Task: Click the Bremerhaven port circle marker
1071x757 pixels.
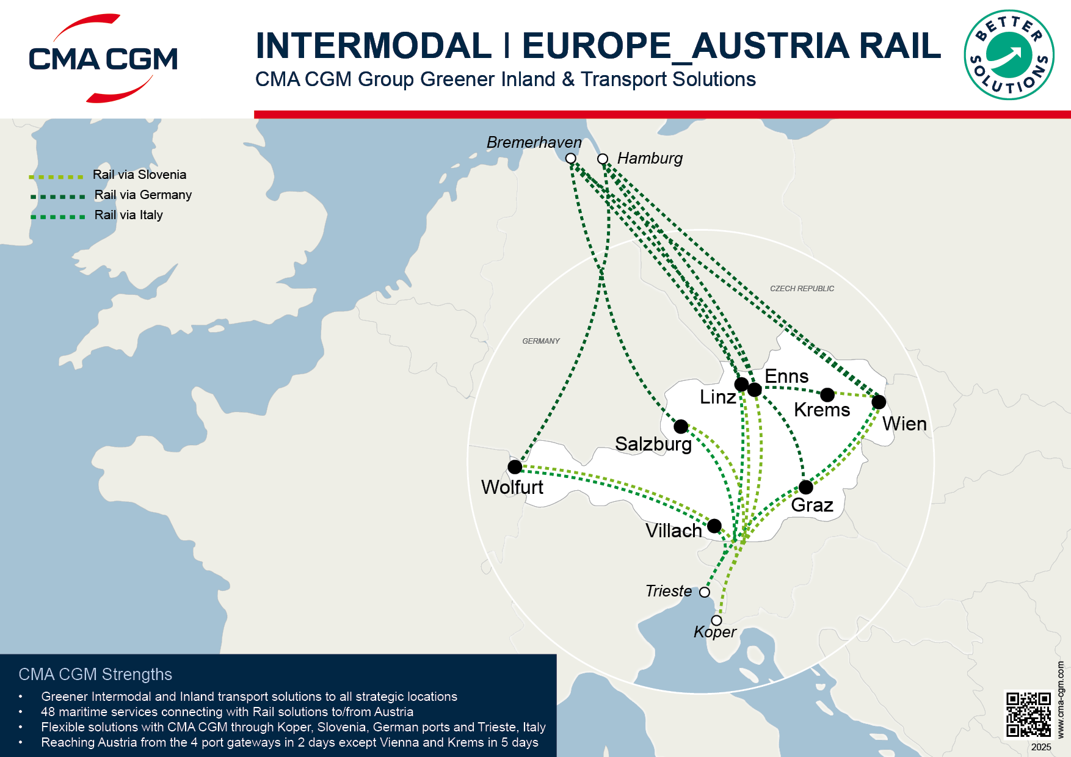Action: (571, 159)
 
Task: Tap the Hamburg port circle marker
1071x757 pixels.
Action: (603, 159)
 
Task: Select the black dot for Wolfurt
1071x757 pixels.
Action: (515, 467)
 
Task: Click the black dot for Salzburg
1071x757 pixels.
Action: (681, 426)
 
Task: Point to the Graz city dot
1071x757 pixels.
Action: (806, 487)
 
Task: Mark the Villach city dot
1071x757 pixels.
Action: (714, 526)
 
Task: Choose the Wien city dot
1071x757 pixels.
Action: (879, 402)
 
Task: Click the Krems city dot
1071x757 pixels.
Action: (827, 395)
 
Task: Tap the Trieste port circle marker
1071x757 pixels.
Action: (705, 592)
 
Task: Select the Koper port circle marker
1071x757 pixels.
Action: (717, 620)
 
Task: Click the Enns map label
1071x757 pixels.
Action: (786, 377)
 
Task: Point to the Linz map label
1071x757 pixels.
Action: (717, 397)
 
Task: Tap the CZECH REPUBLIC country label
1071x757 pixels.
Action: (802, 289)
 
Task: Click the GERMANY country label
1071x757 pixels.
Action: (541, 341)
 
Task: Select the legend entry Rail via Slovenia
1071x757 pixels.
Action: (139, 175)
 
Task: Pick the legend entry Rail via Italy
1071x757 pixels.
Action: (128, 215)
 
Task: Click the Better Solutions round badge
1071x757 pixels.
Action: (1009, 55)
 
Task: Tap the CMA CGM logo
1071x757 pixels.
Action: (103, 59)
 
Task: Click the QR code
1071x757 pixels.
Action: (1028, 714)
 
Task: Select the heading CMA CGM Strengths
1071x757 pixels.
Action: (95, 674)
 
